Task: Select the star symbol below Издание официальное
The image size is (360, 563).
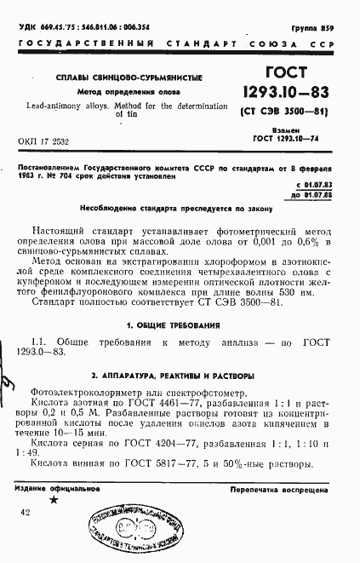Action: click(x=55, y=501)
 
